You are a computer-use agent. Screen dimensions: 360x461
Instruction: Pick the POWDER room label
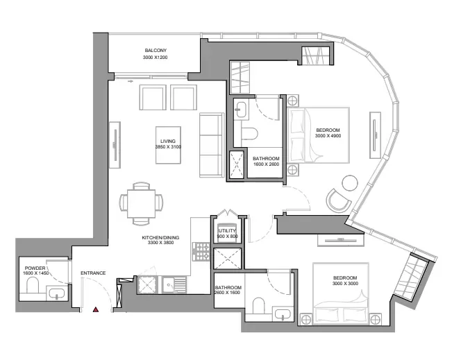pyautogui.click(x=35, y=268)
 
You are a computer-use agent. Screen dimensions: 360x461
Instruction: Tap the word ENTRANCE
pyautogui.click(x=93, y=273)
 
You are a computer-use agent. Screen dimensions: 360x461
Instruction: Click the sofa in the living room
pyautogui.click(x=209, y=144)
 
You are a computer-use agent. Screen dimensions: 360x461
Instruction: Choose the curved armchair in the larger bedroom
pyautogui.click(x=340, y=201)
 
